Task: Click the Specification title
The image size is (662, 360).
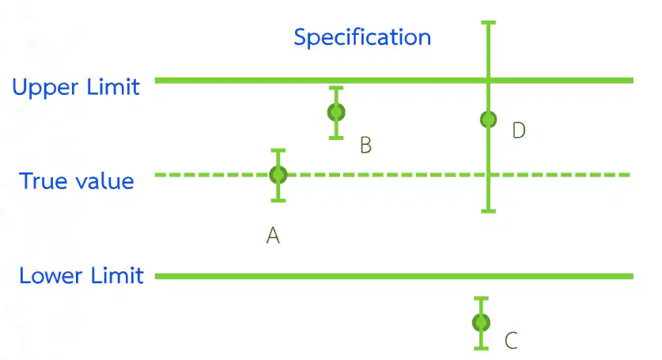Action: (362, 38)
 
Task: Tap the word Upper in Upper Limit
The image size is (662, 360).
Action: (45, 88)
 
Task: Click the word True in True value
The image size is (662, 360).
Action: (40, 181)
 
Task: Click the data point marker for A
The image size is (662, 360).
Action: (278, 175)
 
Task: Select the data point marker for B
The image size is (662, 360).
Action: (336, 112)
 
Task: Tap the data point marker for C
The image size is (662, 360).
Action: (481, 324)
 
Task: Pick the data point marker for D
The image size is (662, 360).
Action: (489, 119)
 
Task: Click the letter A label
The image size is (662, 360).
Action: (273, 235)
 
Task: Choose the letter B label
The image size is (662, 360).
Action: (365, 146)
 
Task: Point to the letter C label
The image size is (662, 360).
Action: (511, 340)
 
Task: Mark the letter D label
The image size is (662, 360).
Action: (519, 130)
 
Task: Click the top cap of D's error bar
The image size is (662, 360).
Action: (489, 22)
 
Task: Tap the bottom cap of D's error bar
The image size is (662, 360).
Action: (489, 210)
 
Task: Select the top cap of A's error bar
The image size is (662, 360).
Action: (278, 150)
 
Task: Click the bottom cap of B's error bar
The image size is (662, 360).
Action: (336, 138)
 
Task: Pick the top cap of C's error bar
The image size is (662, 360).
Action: (481, 298)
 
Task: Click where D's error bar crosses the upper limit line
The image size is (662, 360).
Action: (489, 80)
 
